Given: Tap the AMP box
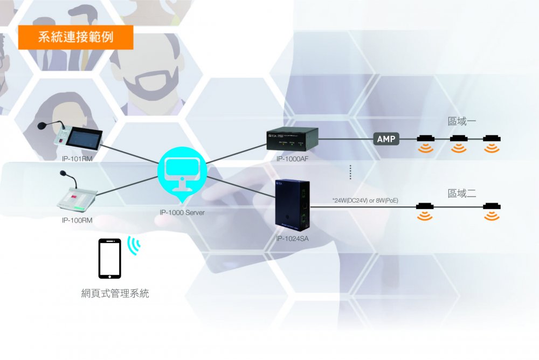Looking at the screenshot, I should tap(386, 140).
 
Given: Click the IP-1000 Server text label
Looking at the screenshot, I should tap(182, 212).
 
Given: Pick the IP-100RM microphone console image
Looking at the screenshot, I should tap(77, 196).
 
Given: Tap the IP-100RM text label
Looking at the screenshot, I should tap(77, 220).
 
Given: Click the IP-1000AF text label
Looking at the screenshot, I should tap(293, 159).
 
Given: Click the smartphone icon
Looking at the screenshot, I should tap(109, 259).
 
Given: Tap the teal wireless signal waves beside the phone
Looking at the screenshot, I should tap(133, 245).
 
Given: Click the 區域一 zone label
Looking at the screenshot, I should tap(462, 121).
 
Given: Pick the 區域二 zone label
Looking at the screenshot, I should tap(462, 193).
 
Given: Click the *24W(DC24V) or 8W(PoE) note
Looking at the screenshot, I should tap(366, 200).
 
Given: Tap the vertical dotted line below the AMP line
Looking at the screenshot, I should tap(350, 172).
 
